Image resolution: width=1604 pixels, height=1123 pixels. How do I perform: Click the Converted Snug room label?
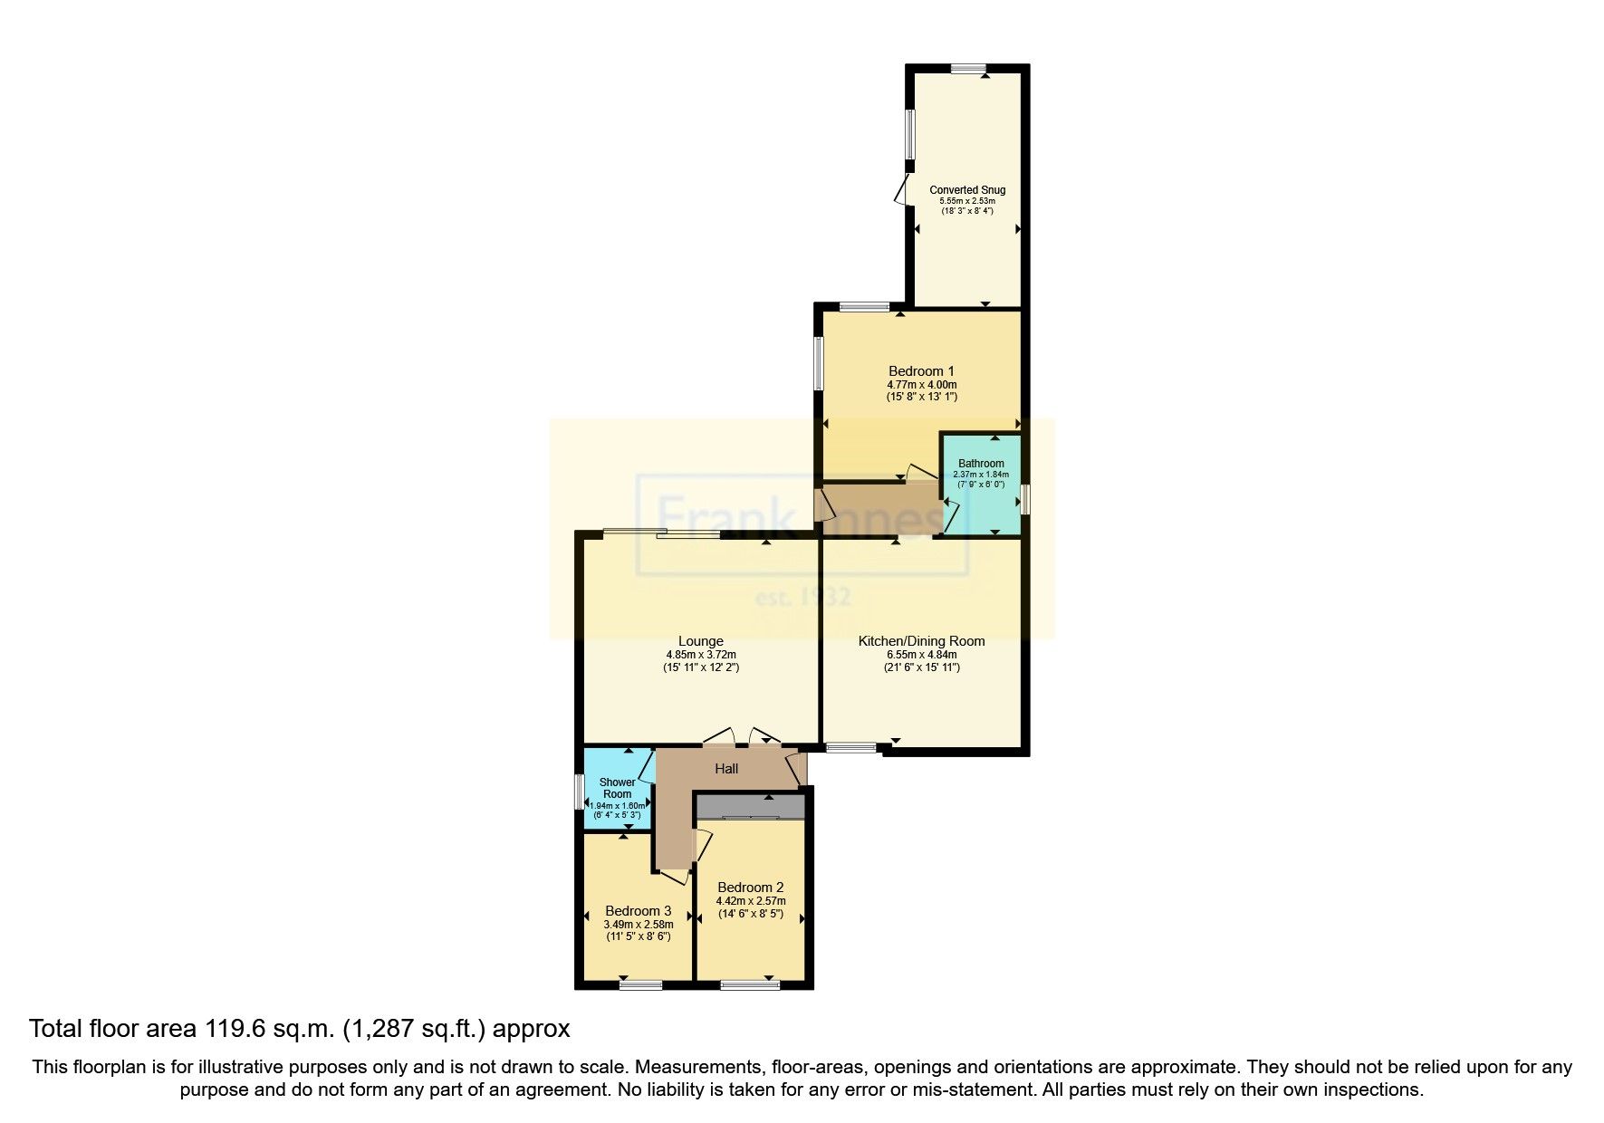(967, 190)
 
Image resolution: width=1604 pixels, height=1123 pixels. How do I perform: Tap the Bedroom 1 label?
(921, 371)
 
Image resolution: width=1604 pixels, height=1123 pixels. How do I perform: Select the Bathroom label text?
(981, 464)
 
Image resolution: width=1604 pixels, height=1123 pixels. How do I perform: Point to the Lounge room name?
(700, 642)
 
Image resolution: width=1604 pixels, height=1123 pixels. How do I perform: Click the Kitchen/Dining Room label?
(921, 641)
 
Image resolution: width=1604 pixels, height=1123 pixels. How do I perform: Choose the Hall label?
(726, 769)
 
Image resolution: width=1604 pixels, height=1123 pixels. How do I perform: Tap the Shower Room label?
(617, 788)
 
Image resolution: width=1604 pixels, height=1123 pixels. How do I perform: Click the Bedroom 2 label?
(750, 888)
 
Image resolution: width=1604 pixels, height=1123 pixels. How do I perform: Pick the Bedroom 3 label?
(638, 911)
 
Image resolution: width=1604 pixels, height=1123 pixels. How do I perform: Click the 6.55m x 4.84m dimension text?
(921, 655)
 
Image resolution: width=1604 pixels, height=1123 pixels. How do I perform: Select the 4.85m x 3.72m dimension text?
(700, 655)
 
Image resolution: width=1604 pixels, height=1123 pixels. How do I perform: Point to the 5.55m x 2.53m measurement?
(967, 201)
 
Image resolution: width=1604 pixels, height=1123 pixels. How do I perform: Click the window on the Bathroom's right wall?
(1024, 499)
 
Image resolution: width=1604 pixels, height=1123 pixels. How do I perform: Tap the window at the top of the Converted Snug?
(968, 68)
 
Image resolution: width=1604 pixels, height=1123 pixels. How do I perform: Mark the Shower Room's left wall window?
(580, 791)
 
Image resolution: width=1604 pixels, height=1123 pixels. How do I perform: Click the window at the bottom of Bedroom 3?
(640, 984)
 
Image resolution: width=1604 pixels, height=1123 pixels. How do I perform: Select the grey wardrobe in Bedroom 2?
(750, 806)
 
